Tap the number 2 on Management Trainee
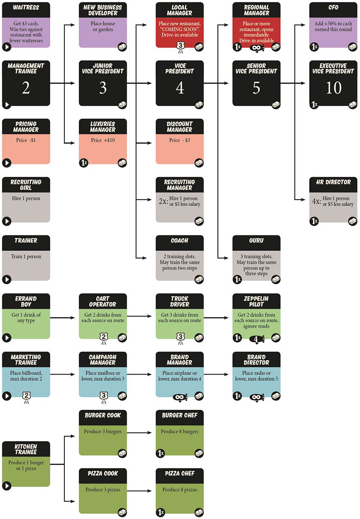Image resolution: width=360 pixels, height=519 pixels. pos(26,88)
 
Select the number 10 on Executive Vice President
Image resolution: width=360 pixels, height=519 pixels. pos(333,88)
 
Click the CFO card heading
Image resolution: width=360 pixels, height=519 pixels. pos(333,8)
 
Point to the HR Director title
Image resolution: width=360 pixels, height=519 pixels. pos(333,182)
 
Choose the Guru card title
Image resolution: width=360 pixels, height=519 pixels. pos(256,241)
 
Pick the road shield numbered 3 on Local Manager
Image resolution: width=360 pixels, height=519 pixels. pos(180,46)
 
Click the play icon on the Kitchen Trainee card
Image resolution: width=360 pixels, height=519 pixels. pos(7,486)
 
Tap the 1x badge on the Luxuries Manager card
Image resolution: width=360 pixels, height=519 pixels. pos(84,163)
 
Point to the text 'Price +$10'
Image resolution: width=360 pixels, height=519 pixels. pos(103,140)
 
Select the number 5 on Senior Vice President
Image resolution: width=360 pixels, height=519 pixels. pos(256,88)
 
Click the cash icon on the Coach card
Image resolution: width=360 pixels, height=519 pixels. pos(198,279)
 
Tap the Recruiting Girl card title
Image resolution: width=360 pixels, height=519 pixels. pos(26,185)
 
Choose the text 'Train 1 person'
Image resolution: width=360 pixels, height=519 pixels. pos(26,257)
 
